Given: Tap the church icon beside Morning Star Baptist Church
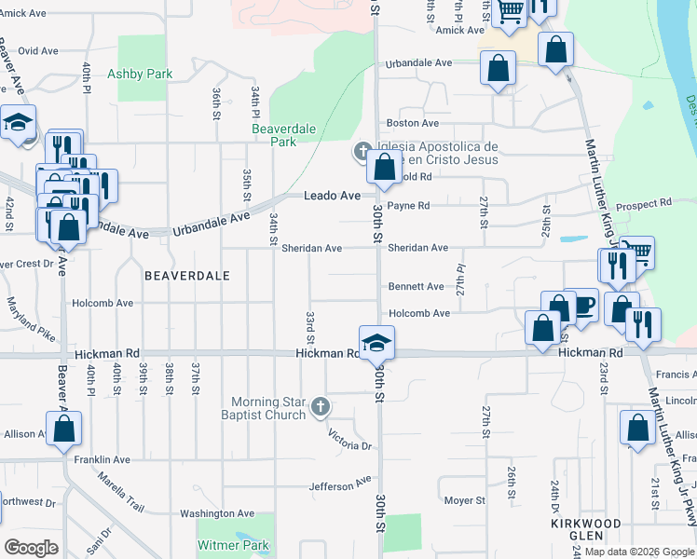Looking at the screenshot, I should click(x=321, y=405).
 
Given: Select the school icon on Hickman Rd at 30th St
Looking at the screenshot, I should click(x=377, y=343).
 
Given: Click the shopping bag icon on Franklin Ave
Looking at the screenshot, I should click(x=64, y=429).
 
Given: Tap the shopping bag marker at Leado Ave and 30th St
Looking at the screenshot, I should click(x=383, y=169).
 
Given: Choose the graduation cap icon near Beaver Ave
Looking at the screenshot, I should click(x=18, y=123).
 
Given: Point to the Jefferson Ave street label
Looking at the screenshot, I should click(x=339, y=485).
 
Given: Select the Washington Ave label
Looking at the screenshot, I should click(x=217, y=513).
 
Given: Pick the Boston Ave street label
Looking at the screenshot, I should click(x=413, y=123).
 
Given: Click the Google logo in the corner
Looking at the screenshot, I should click(x=32, y=548).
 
